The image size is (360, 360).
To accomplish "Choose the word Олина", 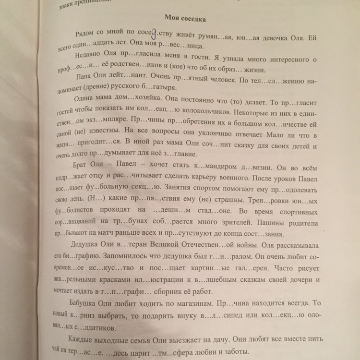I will [86, 100].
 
